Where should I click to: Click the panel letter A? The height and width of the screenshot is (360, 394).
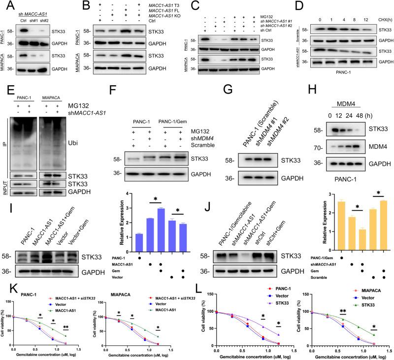tap(4, 5)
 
